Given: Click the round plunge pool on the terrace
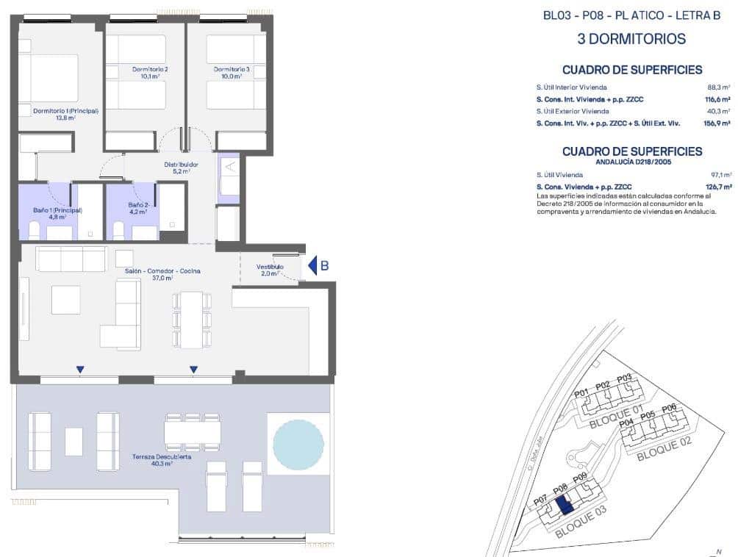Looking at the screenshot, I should click(x=298, y=444).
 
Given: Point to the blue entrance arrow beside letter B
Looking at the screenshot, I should click(x=312, y=265).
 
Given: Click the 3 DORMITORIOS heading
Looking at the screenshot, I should click(x=631, y=39).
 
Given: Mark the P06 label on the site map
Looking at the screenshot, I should click(x=669, y=409).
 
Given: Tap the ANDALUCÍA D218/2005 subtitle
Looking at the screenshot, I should click(x=631, y=163).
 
